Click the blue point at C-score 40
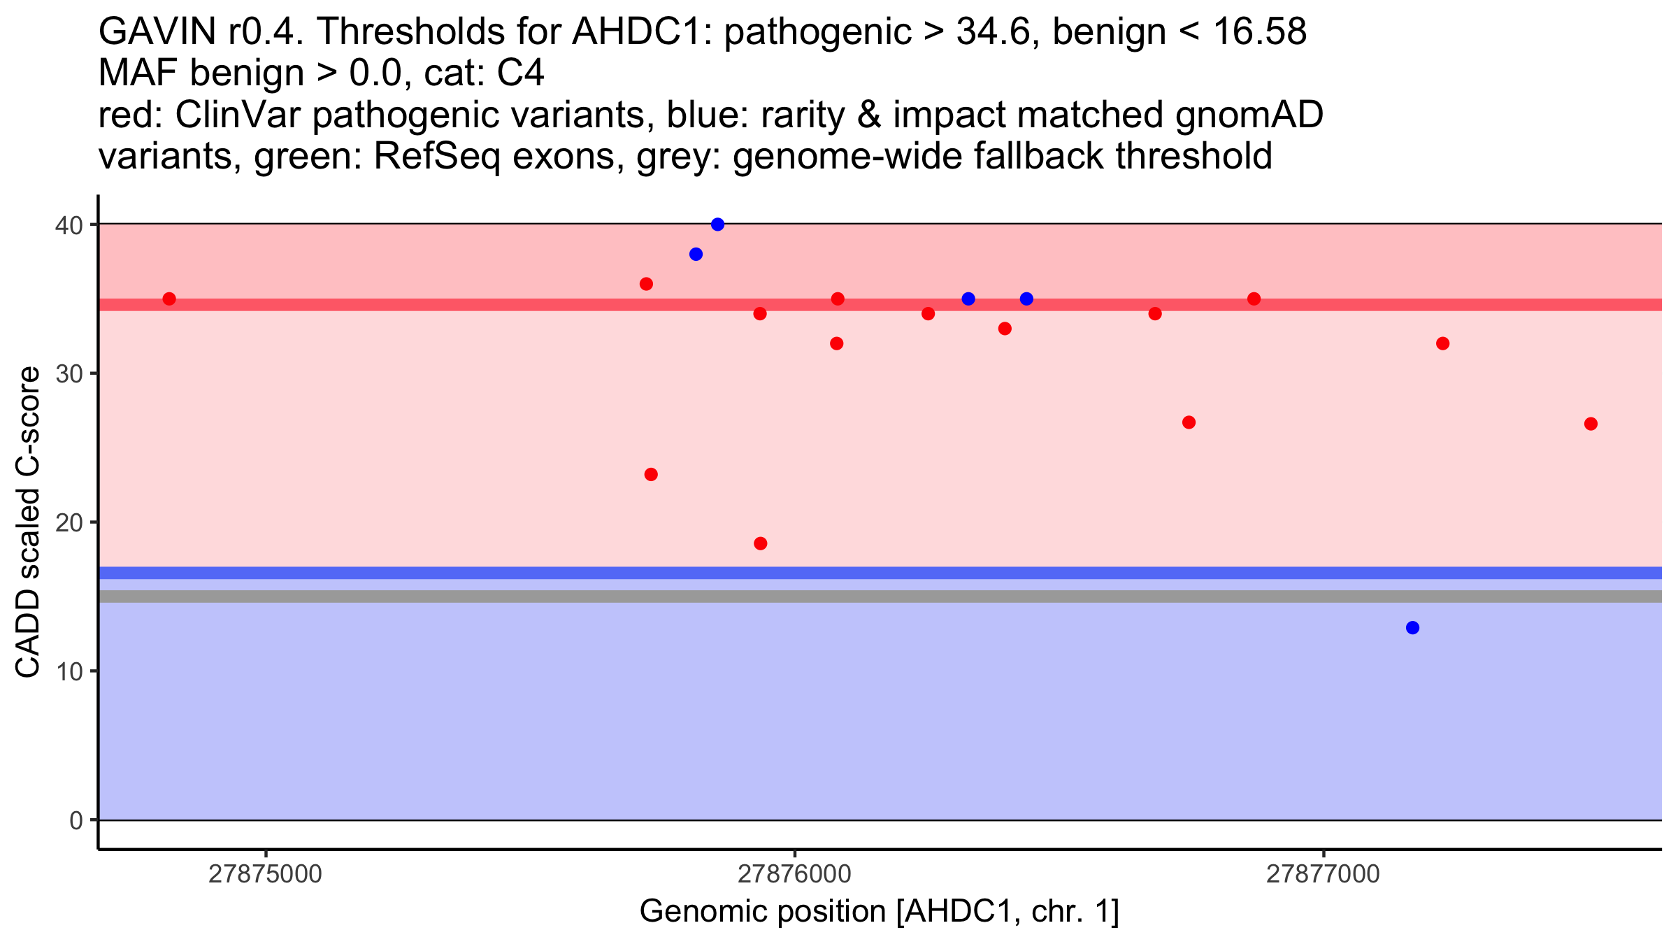coord(717,224)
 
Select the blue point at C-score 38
coord(696,255)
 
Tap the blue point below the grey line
coord(1412,628)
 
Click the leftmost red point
coord(169,299)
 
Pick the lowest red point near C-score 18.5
coord(761,544)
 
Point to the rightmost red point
coord(1591,424)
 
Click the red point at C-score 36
coord(646,284)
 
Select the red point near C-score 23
coord(651,475)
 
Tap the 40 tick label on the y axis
coord(69,225)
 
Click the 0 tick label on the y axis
coord(76,821)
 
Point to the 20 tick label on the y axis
coord(69,523)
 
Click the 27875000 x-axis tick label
coord(266,874)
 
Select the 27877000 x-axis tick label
coord(1324,874)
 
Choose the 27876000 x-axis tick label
coord(794,874)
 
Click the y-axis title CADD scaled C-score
coord(28,522)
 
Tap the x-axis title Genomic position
coord(880,912)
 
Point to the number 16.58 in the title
coord(1261,31)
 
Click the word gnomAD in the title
coord(1249,115)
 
